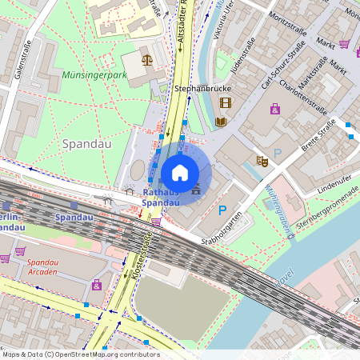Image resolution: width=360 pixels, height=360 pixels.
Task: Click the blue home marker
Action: coord(180,173)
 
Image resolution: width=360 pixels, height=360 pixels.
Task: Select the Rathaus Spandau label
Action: coord(161,198)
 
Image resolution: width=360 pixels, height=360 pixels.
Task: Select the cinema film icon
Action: coord(225,102)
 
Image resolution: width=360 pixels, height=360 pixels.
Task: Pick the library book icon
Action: coord(222,122)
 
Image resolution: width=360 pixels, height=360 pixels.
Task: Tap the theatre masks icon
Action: coord(262,161)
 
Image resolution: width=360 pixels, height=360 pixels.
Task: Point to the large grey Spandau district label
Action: coord(82,143)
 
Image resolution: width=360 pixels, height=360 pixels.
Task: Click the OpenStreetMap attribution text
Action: coord(81,354)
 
